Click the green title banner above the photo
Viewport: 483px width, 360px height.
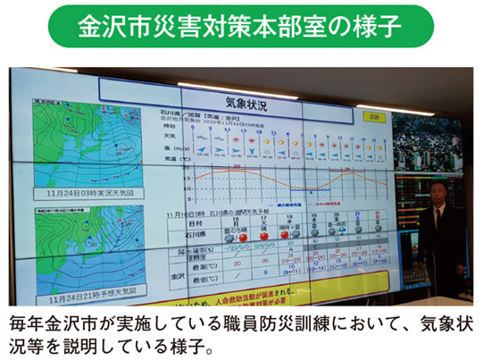click(x=240, y=25)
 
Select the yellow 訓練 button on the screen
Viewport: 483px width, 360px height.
click(x=374, y=117)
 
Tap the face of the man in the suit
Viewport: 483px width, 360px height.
click(x=437, y=191)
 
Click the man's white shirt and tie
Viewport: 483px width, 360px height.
click(x=438, y=214)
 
